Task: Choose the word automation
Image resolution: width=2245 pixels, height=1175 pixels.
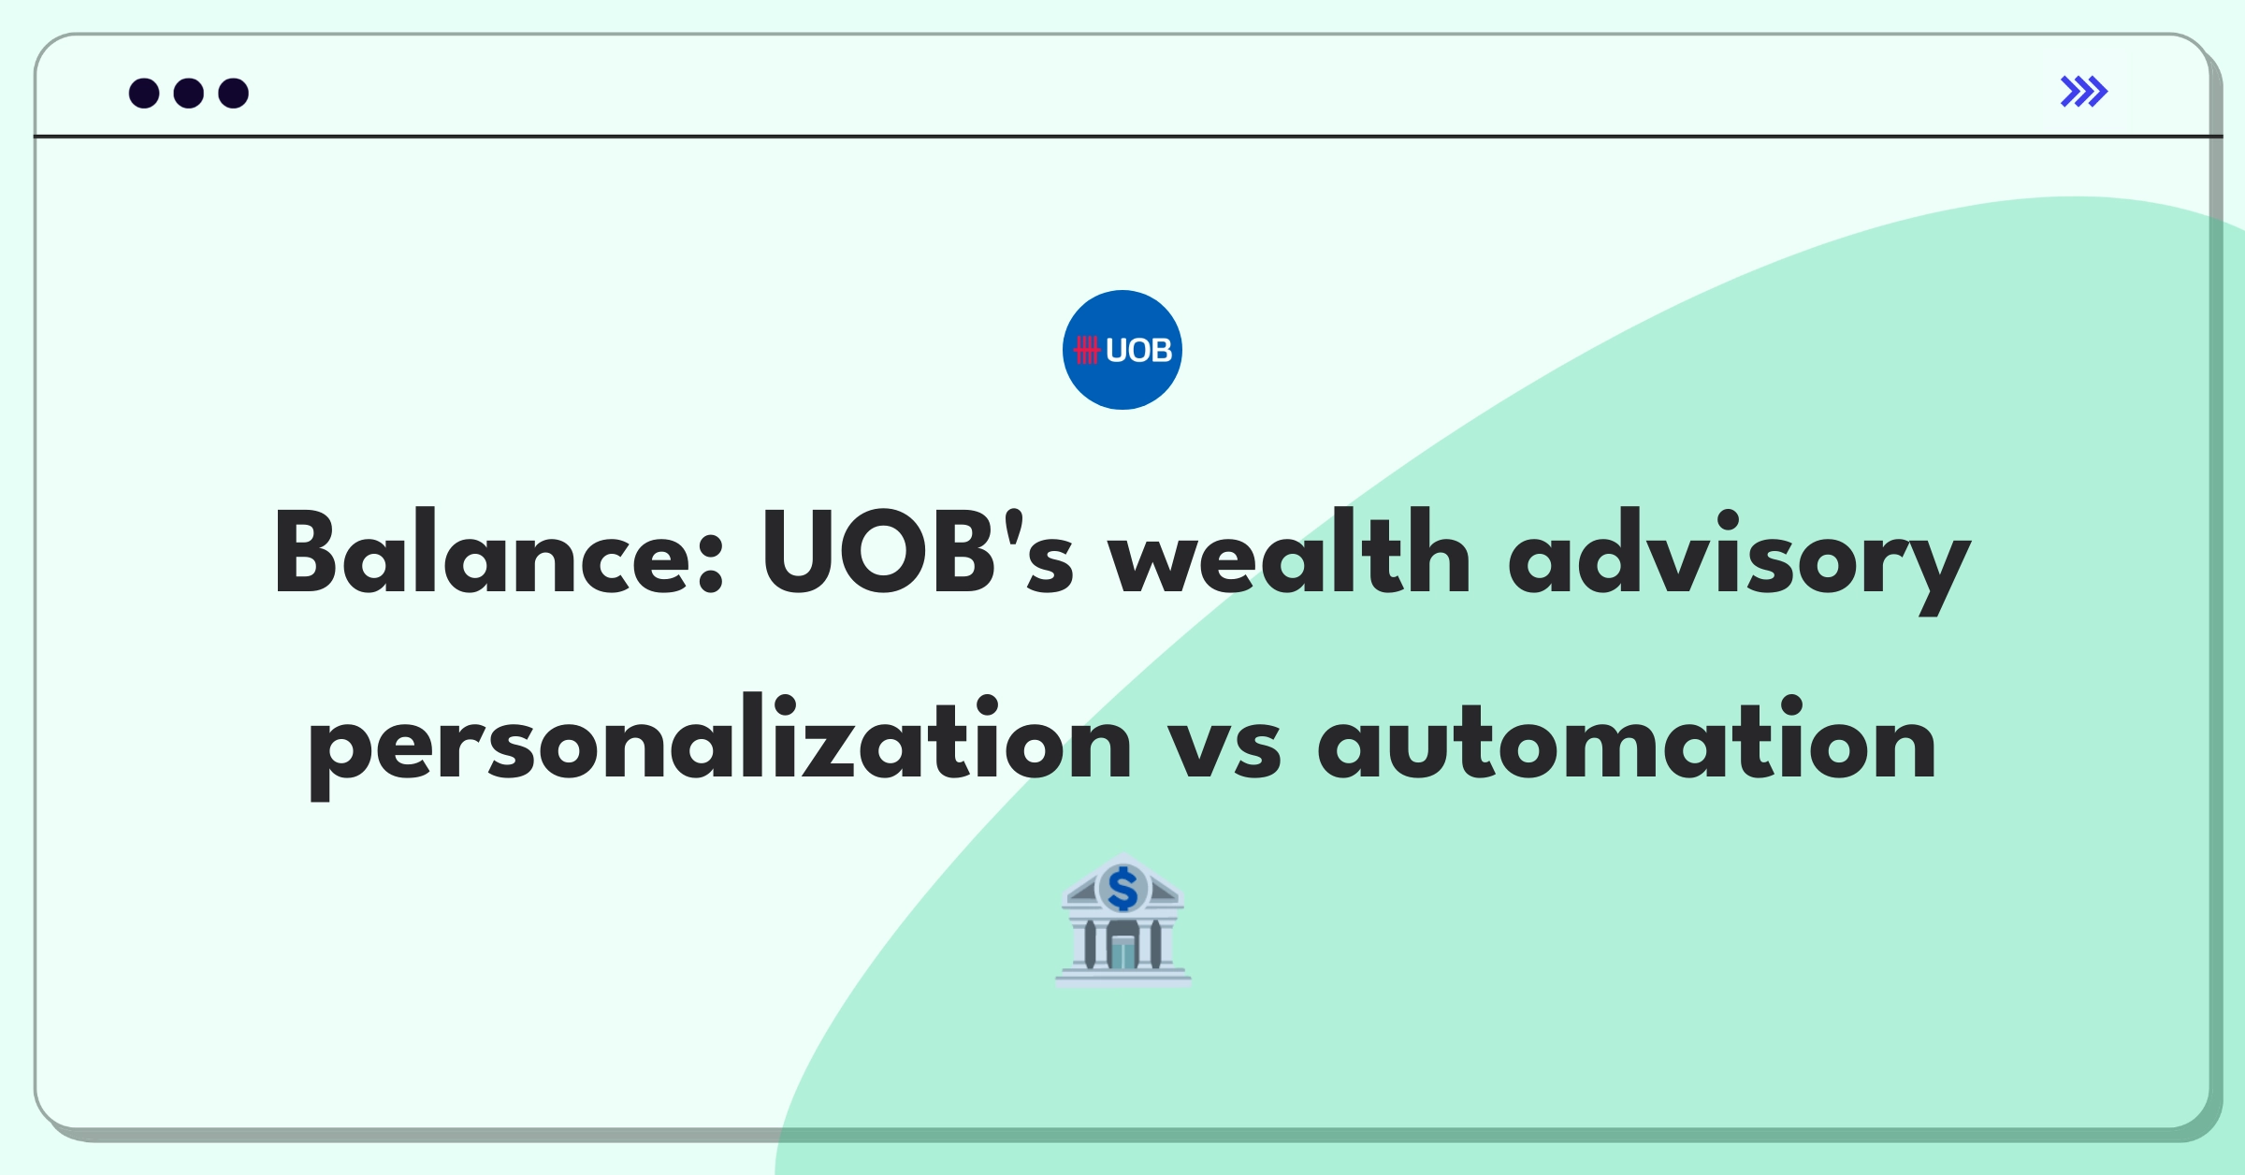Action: pos(1627,739)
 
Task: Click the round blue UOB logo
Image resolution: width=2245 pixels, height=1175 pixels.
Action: pos(1122,350)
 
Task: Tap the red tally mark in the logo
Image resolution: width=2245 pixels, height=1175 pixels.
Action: pos(1087,350)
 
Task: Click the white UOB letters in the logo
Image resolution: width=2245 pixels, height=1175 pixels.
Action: pos(1138,350)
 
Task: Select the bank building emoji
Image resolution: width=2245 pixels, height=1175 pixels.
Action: pos(1123,920)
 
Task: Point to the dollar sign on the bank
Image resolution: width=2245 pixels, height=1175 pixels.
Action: pos(1122,889)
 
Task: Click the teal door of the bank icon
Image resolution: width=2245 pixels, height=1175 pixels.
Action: pos(1122,951)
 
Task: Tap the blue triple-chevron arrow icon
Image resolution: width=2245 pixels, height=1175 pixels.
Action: pos(2084,92)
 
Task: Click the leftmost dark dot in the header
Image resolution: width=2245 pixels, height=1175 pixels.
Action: pos(144,93)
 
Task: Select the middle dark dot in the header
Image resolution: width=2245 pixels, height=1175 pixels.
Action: pos(189,93)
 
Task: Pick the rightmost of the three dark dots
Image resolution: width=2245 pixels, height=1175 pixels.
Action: pos(234,93)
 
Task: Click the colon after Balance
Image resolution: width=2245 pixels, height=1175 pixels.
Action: pos(711,565)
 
